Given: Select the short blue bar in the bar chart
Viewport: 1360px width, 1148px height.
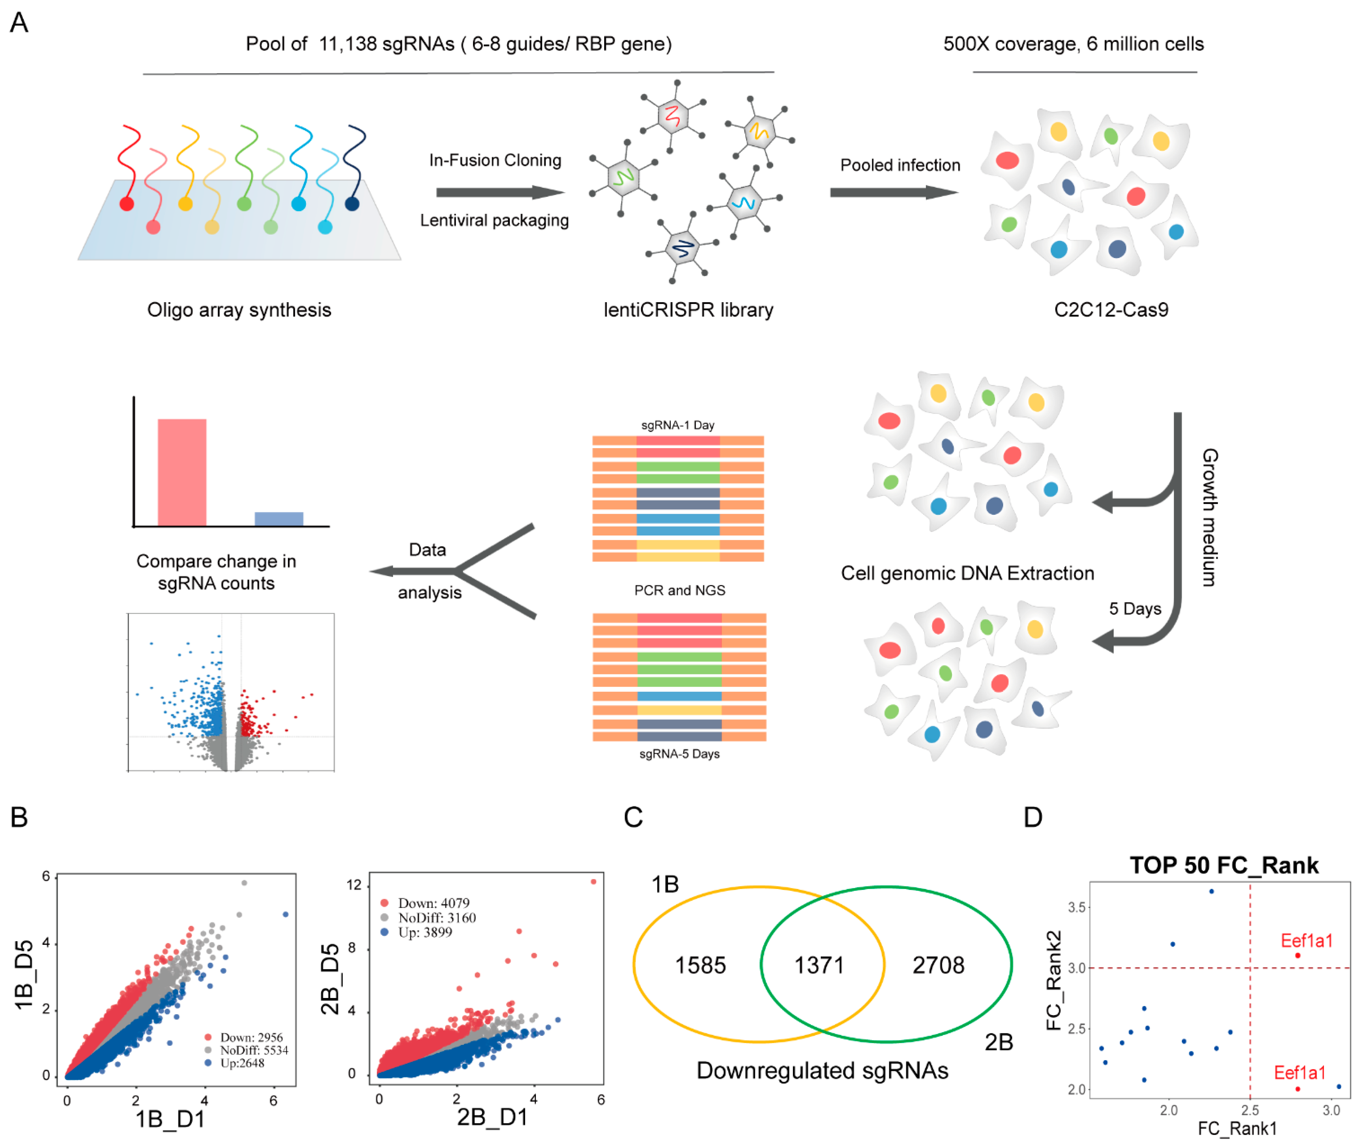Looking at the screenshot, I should click(278, 519).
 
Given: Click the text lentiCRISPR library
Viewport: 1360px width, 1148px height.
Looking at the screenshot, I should click(688, 310).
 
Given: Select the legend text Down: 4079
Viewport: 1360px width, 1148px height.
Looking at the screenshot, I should click(433, 903).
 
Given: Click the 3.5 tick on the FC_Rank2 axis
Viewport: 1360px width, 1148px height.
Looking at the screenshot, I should click(1077, 907).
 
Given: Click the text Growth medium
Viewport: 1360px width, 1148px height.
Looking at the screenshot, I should click(1209, 517).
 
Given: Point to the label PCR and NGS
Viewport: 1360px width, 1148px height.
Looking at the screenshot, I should click(679, 590).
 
